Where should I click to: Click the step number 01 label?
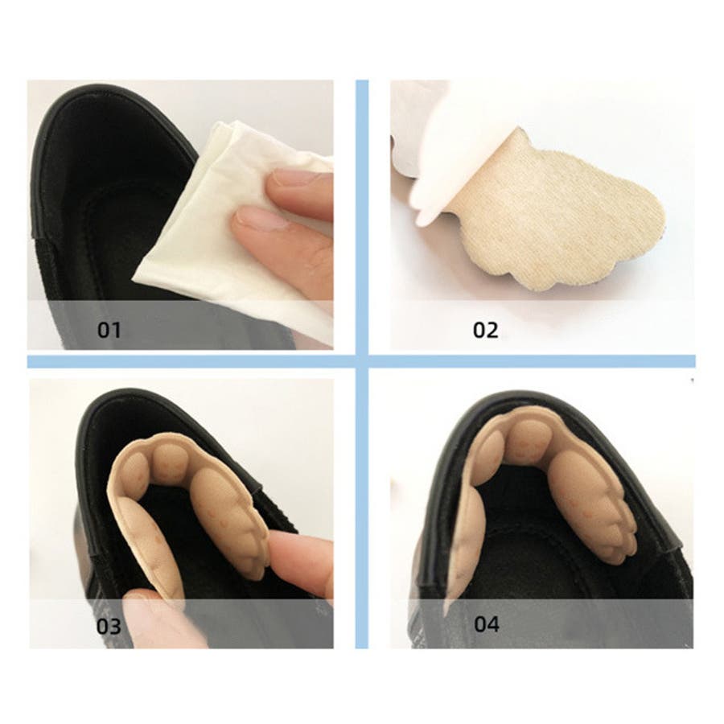coord(109,330)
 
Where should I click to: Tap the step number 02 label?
coord(486,330)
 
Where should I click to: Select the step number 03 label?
coord(109,626)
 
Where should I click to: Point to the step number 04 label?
coord(487,624)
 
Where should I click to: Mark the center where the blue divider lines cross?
coord(362,361)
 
